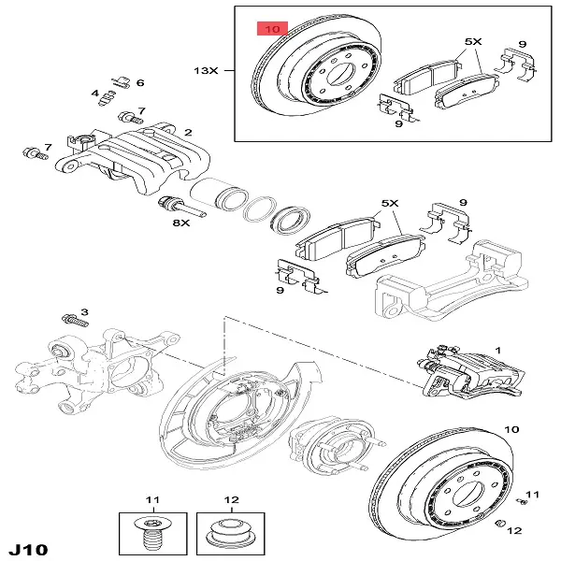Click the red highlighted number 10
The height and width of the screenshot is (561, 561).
click(272, 29)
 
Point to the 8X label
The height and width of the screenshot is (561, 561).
click(180, 223)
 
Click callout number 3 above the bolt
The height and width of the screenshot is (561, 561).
click(83, 311)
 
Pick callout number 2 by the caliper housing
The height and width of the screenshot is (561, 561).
click(189, 133)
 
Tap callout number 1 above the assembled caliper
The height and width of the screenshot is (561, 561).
click(497, 350)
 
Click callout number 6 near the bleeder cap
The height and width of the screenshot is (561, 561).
click(140, 83)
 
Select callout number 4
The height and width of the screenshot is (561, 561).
click(94, 93)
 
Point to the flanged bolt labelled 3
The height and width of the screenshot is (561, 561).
click(72, 320)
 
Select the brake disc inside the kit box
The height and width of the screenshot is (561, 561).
click(318, 75)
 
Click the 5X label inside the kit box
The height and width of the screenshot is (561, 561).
click(471, 43)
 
